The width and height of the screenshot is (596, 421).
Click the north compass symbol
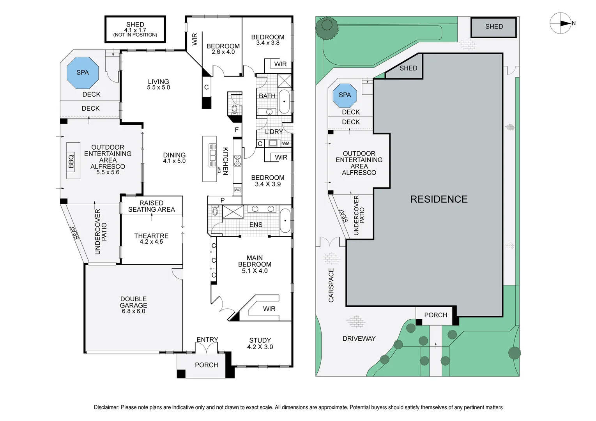pos(561,23)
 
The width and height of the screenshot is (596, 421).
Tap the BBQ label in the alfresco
pos(71,161)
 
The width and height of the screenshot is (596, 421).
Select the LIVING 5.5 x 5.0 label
pos(158,85)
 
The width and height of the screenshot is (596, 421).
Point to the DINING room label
pos(174,158)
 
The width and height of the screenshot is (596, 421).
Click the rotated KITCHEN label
pos(225,161)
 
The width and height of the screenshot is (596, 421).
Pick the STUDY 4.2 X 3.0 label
pos(260,343)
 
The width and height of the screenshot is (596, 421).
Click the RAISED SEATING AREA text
pos(151,206)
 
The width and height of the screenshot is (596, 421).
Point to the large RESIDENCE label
pos(439,199)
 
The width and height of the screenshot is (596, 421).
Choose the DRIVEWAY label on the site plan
pos(359,339)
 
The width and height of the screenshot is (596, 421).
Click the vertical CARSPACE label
pos(331,285)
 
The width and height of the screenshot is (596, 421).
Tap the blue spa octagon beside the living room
pos(83,73)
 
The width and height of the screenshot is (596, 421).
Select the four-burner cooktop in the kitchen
pos(237,161)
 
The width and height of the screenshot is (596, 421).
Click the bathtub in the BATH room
pos(284,102)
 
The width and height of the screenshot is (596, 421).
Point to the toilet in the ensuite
pos(215,212)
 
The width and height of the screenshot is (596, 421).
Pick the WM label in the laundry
pos(286,143)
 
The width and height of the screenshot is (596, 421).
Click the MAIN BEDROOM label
pos(255,264)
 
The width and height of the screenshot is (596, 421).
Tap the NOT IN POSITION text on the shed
pos(135,35)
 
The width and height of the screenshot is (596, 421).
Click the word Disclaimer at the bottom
pos(106,407)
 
